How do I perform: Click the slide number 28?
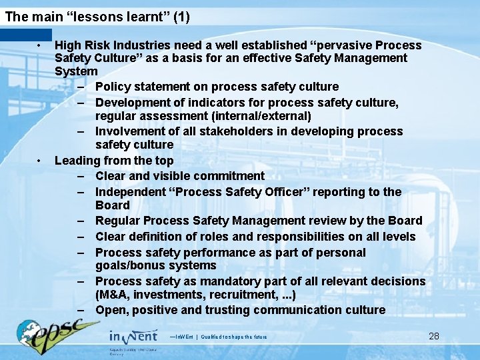tap(434, 335)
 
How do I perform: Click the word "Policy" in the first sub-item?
tap(113, 87)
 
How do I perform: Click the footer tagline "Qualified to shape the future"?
tap(234, 337)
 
